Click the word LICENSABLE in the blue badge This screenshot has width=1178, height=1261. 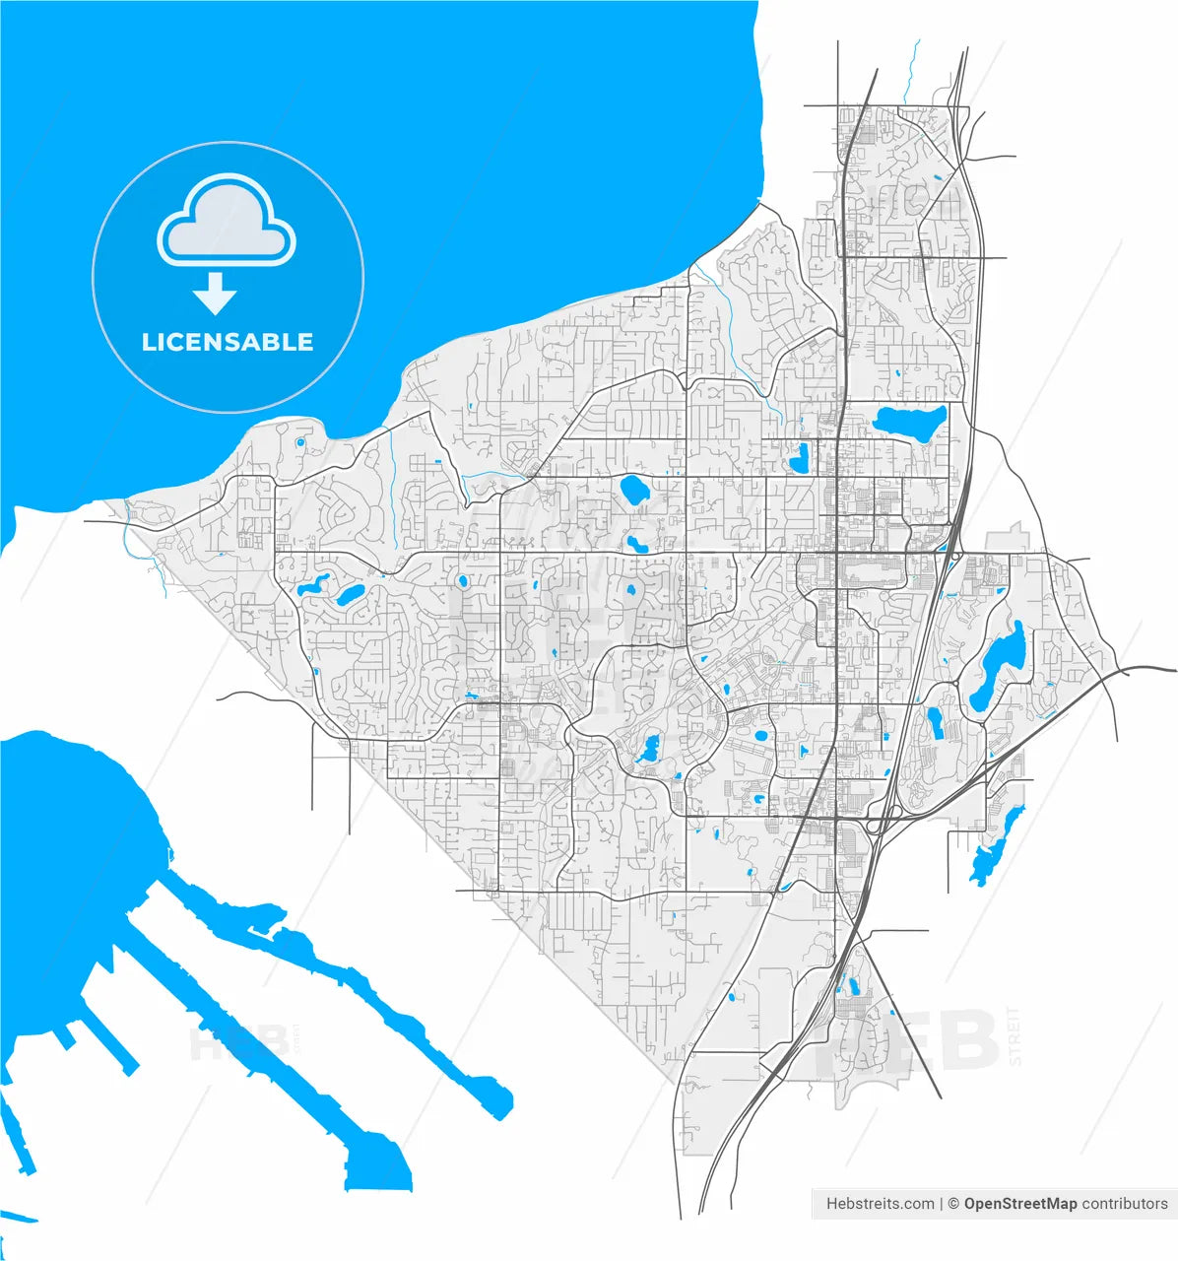[228, 343]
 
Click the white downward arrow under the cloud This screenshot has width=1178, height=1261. [214, 293]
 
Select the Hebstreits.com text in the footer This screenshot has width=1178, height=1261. [880, 1204]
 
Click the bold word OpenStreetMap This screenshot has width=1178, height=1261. [1020, 1204]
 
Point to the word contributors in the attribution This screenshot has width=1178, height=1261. [1125, 1204]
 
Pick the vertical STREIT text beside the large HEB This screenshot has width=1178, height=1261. [1015, 1035]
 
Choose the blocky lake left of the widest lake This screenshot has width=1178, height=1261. [800, 458]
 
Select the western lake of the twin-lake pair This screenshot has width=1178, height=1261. [311, 589]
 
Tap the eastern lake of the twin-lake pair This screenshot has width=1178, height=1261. [350, 594]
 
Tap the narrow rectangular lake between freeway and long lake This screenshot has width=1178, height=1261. [936, 724]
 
